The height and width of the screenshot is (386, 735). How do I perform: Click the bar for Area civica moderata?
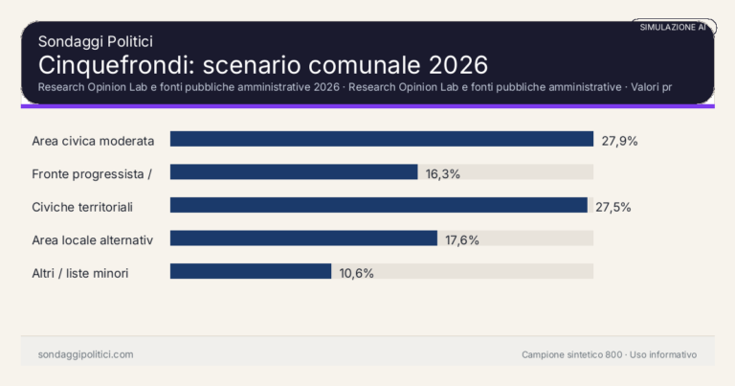click(x=382, y=140)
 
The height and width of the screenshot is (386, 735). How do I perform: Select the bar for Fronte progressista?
click(x=294, y=172)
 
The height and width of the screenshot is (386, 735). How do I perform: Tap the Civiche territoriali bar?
click(x=378, y=206)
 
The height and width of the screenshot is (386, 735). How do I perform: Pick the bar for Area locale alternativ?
click(x=303, y=238)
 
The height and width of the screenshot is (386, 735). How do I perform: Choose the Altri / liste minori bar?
click(x=251, y=272)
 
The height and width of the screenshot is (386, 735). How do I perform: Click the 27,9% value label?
click(x=619, y=141)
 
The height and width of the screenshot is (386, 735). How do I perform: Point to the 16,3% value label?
click(x=444, y=173)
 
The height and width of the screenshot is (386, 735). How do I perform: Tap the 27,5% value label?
click(x=612, y=207)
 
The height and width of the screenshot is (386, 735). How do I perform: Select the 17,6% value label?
click(x=462, y=239)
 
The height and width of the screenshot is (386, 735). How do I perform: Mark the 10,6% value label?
click(x=356, y=273)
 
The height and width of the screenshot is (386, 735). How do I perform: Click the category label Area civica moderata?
click(x=93, y=141)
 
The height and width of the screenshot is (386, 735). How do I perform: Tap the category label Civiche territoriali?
click(x=82, y=207)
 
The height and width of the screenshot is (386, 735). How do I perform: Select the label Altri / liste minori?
click(x=80, y=273)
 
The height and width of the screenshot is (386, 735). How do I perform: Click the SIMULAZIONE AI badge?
click(x=673, y=27)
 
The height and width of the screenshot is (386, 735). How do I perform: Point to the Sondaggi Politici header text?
click(x=96, y=41)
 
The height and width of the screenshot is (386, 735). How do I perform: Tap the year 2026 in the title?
click(x=457, y=65)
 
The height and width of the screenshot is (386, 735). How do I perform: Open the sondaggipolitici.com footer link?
click(x=85, y=354)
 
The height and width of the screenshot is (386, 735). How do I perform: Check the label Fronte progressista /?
click(x=92, y=173)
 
